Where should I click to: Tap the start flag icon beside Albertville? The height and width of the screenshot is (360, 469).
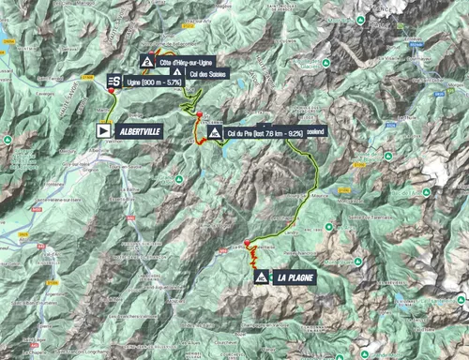click(104, 132)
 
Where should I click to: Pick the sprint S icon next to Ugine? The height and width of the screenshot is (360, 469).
click(113, 82)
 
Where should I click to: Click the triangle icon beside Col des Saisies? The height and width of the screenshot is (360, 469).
click(174, 74)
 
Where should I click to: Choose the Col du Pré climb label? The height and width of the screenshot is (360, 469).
click(265, 134)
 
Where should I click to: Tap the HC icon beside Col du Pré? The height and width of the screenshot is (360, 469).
click(215, 134)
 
